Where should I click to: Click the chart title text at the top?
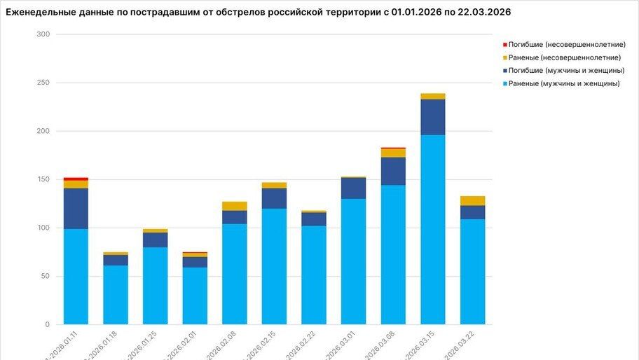click(258, 12)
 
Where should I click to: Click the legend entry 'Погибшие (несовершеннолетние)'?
click(566, 44)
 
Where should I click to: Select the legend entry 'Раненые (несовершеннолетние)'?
click(564, 57)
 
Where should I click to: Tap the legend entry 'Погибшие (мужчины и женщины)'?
click(566, 71)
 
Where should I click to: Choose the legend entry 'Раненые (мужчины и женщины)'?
click(564, 84)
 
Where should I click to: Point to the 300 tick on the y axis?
click(43, 34)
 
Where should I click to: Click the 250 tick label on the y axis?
click(43, 83)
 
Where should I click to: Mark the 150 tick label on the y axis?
click(43, 179)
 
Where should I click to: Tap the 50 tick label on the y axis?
click(45, 276)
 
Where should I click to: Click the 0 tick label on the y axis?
click(47, 324)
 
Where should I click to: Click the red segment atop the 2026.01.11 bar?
click(76, 179)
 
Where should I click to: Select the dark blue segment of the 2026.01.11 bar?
click(76, 209)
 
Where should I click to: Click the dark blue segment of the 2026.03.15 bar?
click(432, 117)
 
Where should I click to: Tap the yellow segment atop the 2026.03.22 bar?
click(472, 200)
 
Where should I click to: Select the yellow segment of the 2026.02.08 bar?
click(235, 206)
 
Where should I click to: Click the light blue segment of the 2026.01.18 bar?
click(116, 294)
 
